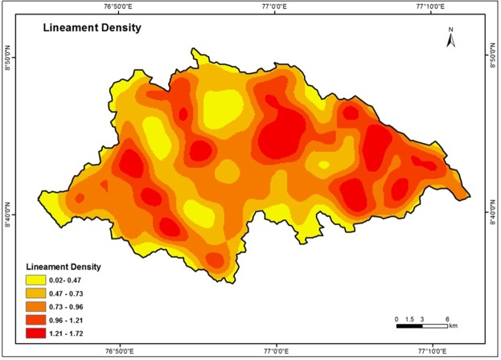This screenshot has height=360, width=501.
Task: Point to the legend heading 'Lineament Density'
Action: [x=64, y=267]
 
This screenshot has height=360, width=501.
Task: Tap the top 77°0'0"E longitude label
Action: [x=276, y=6]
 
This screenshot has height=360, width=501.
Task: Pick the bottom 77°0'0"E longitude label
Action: [x=276, y=352]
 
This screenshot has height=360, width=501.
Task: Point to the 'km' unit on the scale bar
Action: [x=453, y=326]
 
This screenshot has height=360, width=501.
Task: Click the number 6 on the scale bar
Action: [x=447, y=318]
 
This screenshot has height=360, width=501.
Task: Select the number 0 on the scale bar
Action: [x=396, y=318]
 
